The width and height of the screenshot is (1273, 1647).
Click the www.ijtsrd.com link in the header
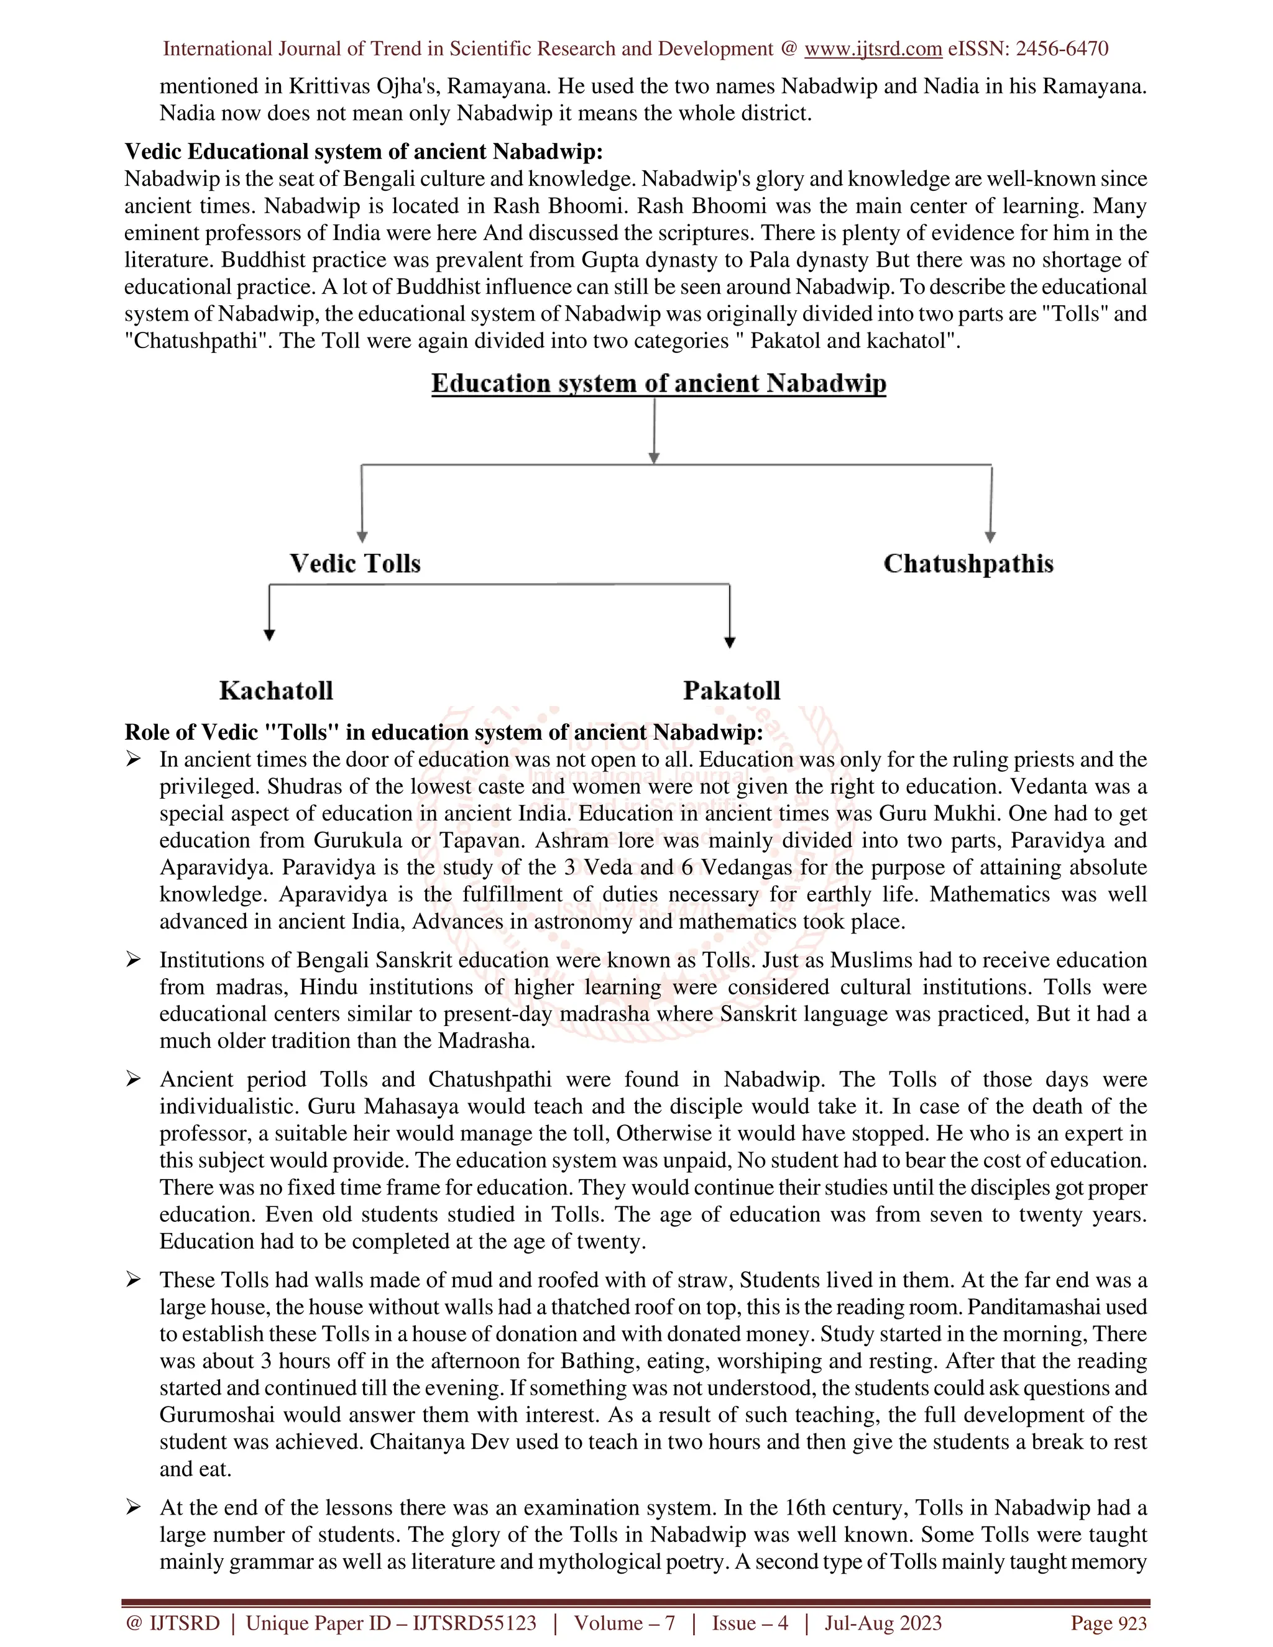pyautogui.click(x=873, y=49)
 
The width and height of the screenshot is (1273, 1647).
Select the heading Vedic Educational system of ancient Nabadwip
pyautogui.click(x=364, y=152)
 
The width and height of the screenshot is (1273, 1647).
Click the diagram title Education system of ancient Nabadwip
pyautogui.click(x=658, y=383)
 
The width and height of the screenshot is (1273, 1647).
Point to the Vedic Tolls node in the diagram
pyautogui.click(x=354, y=563)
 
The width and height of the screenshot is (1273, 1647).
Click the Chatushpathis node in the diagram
pyautogui.click(x=968, y=563)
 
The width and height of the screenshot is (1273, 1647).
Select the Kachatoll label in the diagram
pyautogui.click(x=276, y=690)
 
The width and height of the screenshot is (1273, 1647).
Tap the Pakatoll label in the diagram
pyautogui.click(x=731, y=690)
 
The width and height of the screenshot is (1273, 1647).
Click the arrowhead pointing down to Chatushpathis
pyautogui.click(x=990, y=537)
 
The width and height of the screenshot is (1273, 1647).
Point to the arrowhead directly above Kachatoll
pyautogui.click(x=269, y=635)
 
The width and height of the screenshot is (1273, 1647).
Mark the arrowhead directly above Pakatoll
pyautogui.click(x=729, y=643)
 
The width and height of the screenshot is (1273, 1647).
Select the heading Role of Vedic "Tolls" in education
pyautogui.click(x=443, y=732)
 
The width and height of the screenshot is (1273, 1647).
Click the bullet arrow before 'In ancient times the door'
pyautogui.click(x=134, y=759)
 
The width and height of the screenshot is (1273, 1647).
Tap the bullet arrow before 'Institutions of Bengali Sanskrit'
pyautogui.click(x=134, y=960)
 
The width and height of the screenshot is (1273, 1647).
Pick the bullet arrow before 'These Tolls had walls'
pyautogui.click(x=134, y=1280)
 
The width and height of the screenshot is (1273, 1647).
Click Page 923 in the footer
pyautogui.click(x=1109, y=1623)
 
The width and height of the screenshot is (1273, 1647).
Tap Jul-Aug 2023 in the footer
pyautogui.click(x=883, y=1623)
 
